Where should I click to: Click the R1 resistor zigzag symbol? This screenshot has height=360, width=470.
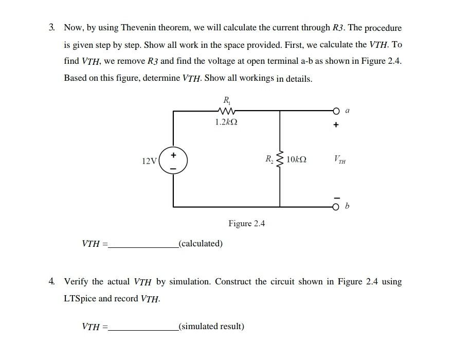click(x=226, y=111)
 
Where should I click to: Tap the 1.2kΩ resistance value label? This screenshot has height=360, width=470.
click(x=226, y=122)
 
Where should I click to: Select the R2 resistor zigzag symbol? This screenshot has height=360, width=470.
click(x=280, y=159)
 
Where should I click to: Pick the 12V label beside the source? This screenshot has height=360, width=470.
click(x=149, y=161)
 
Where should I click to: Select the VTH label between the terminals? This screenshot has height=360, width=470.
click(x=339, y=160)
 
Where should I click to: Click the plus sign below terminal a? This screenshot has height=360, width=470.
click(x=336, y=124)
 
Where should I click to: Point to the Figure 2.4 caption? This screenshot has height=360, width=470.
click(x=246, y=224)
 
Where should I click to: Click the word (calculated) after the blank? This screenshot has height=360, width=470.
click(x=201, y=243)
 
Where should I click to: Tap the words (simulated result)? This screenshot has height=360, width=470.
click(x=211, y=326)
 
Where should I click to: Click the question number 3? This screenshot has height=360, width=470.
click(x=52, y=28)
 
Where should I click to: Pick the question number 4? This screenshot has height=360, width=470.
click(x=52, y=282)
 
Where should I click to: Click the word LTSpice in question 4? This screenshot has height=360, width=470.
click(x=80, y=299)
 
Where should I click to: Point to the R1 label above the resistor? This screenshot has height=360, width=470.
click(x=226, y=99)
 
